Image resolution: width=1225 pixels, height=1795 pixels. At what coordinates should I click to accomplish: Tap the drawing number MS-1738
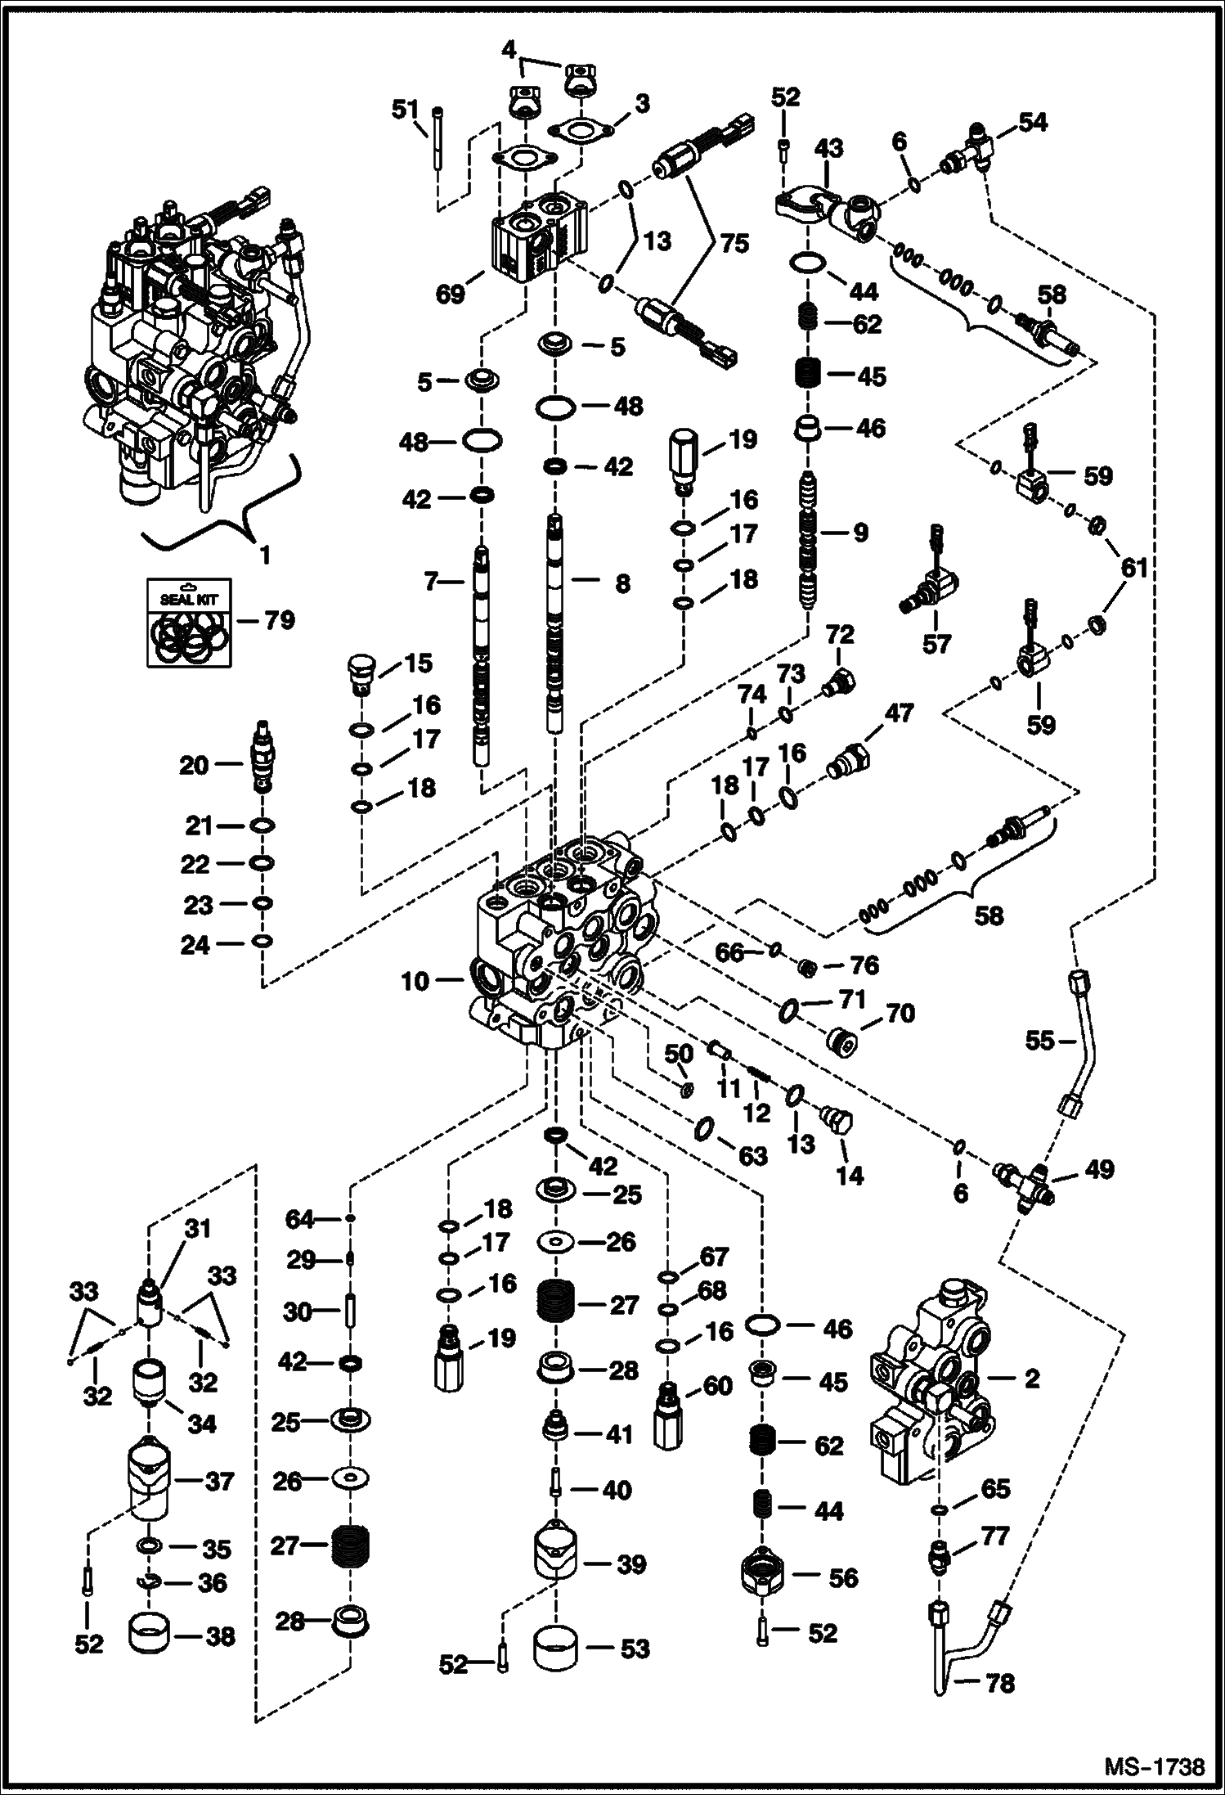pyautogui.click(x=1154, y=1766)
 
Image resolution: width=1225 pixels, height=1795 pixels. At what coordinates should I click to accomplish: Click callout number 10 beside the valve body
pyautogui.click(x=415, y=980)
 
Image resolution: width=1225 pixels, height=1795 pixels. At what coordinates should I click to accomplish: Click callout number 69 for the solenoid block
pyautogui.click(x=450, y=294)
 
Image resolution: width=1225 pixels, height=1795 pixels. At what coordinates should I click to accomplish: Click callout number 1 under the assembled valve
pyautogui.click(x=264, y=556)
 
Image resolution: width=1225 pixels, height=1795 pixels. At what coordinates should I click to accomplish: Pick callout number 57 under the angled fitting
pyautogui.click(x=936, y=645)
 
